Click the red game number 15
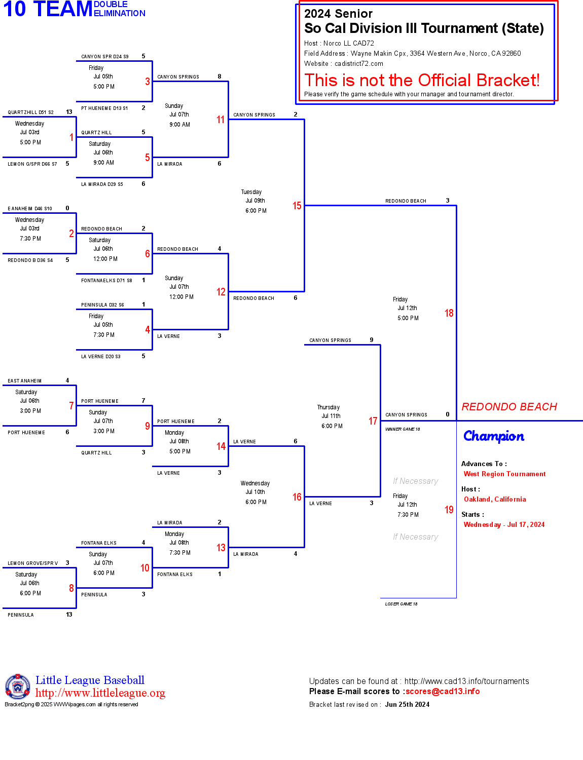point(297,206)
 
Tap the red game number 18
point(449,313)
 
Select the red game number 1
point(71,137)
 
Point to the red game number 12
point(221,292)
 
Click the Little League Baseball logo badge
point(18,687)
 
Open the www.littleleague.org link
point(100,693)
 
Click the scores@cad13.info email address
point(443,691)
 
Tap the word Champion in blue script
point(493,436)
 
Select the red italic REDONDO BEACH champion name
point(509,407)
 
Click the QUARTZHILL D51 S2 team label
point(30,112)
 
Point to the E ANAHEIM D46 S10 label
point(30,209)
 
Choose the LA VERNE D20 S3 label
point(101,357)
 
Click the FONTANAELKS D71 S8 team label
point(106,281)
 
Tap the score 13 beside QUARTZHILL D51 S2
point(69,112)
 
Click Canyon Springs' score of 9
point(372,340)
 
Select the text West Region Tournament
point(504,474)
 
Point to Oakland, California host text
point(495,500)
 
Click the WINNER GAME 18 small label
point(403,429)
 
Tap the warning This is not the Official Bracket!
point(422,81)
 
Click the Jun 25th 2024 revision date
point(407,705)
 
